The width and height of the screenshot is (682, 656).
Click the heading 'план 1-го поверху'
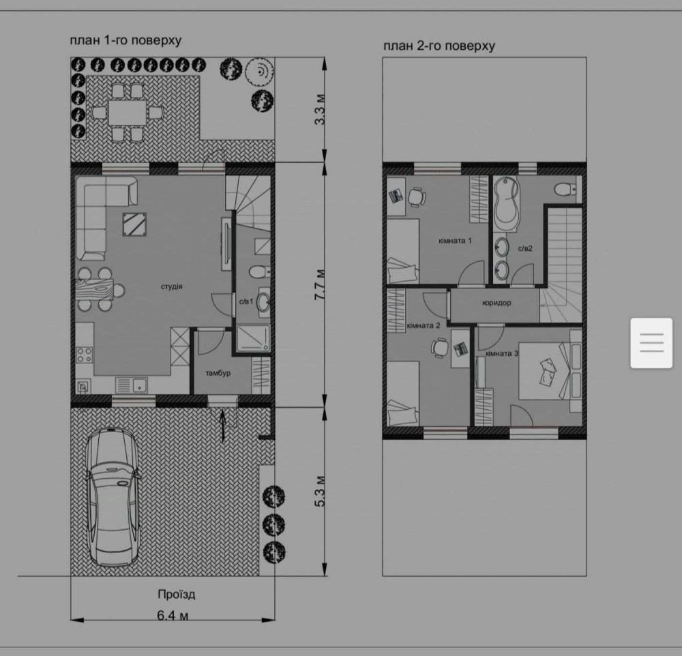[125, 40]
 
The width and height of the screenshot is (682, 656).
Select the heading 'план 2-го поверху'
[439, 46]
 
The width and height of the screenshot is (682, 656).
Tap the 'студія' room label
[172, 286]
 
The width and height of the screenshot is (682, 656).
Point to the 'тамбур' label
[218, 373]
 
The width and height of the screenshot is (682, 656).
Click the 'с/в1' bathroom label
[246, 301]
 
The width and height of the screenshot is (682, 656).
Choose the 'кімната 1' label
[455, 241]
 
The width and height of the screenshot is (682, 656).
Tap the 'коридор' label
[496, 303]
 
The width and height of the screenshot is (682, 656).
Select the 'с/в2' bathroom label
[525, 249]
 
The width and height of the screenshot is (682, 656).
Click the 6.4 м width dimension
[173, 616]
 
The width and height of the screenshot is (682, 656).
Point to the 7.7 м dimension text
[320, 284]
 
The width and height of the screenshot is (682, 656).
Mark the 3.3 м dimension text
[320, 109]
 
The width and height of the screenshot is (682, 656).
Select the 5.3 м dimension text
[320, 492]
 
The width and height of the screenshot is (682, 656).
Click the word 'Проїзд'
[177, 594]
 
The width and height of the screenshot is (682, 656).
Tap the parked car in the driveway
[113, 497]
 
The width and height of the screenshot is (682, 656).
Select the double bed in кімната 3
[550, 371]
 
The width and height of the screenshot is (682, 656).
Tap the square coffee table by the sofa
[134, 224]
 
